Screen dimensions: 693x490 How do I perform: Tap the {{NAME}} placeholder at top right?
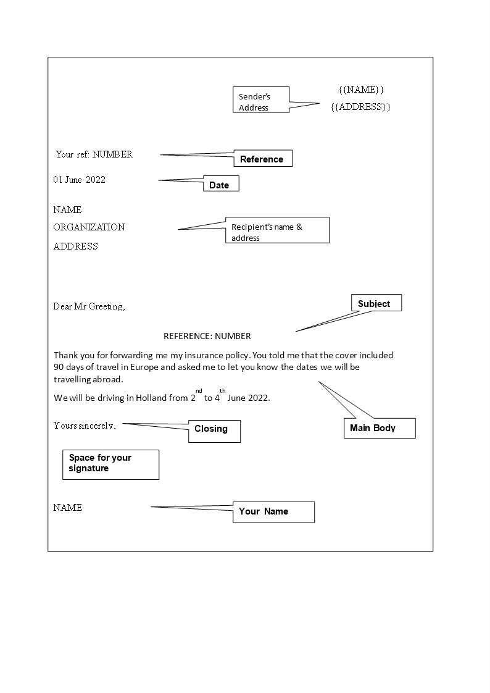[x=361, y=90]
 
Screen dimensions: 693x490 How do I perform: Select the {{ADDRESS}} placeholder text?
[x=360, y=107]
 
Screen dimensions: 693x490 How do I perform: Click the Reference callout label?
[x=262, y=159]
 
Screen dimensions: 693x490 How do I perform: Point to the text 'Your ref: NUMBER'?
[x=94, y=154]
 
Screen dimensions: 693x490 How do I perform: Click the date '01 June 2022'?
[x=79, y=180]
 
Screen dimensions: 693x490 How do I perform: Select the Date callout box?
[x=220, y=185]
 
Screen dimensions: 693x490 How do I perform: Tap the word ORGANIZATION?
[x=89, y=227]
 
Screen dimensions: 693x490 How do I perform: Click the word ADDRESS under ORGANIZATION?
[x=75, y=246]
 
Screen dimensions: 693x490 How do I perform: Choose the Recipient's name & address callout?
[x=276, y=232]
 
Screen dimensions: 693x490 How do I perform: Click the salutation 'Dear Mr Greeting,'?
[x=89, y=306]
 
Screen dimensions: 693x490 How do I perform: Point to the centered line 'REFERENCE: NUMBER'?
[x=207, y=337]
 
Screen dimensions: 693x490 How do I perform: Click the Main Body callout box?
[x=378, y=428]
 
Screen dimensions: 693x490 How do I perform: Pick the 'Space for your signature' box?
[x=110, y=464]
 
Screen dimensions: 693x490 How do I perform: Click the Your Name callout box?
[x=273, y=511]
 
